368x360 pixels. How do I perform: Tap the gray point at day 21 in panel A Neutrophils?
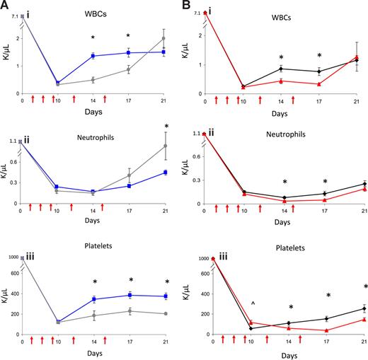[x=165, y=146]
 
